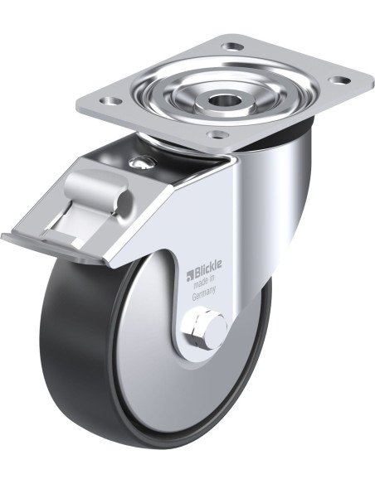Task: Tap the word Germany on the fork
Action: pos(204,293)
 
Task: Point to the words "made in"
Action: pos(204,279)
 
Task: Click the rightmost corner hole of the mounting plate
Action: pos(339,80)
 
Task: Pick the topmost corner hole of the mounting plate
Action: pos(232,47)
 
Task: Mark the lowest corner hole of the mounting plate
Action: pos(217,134)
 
